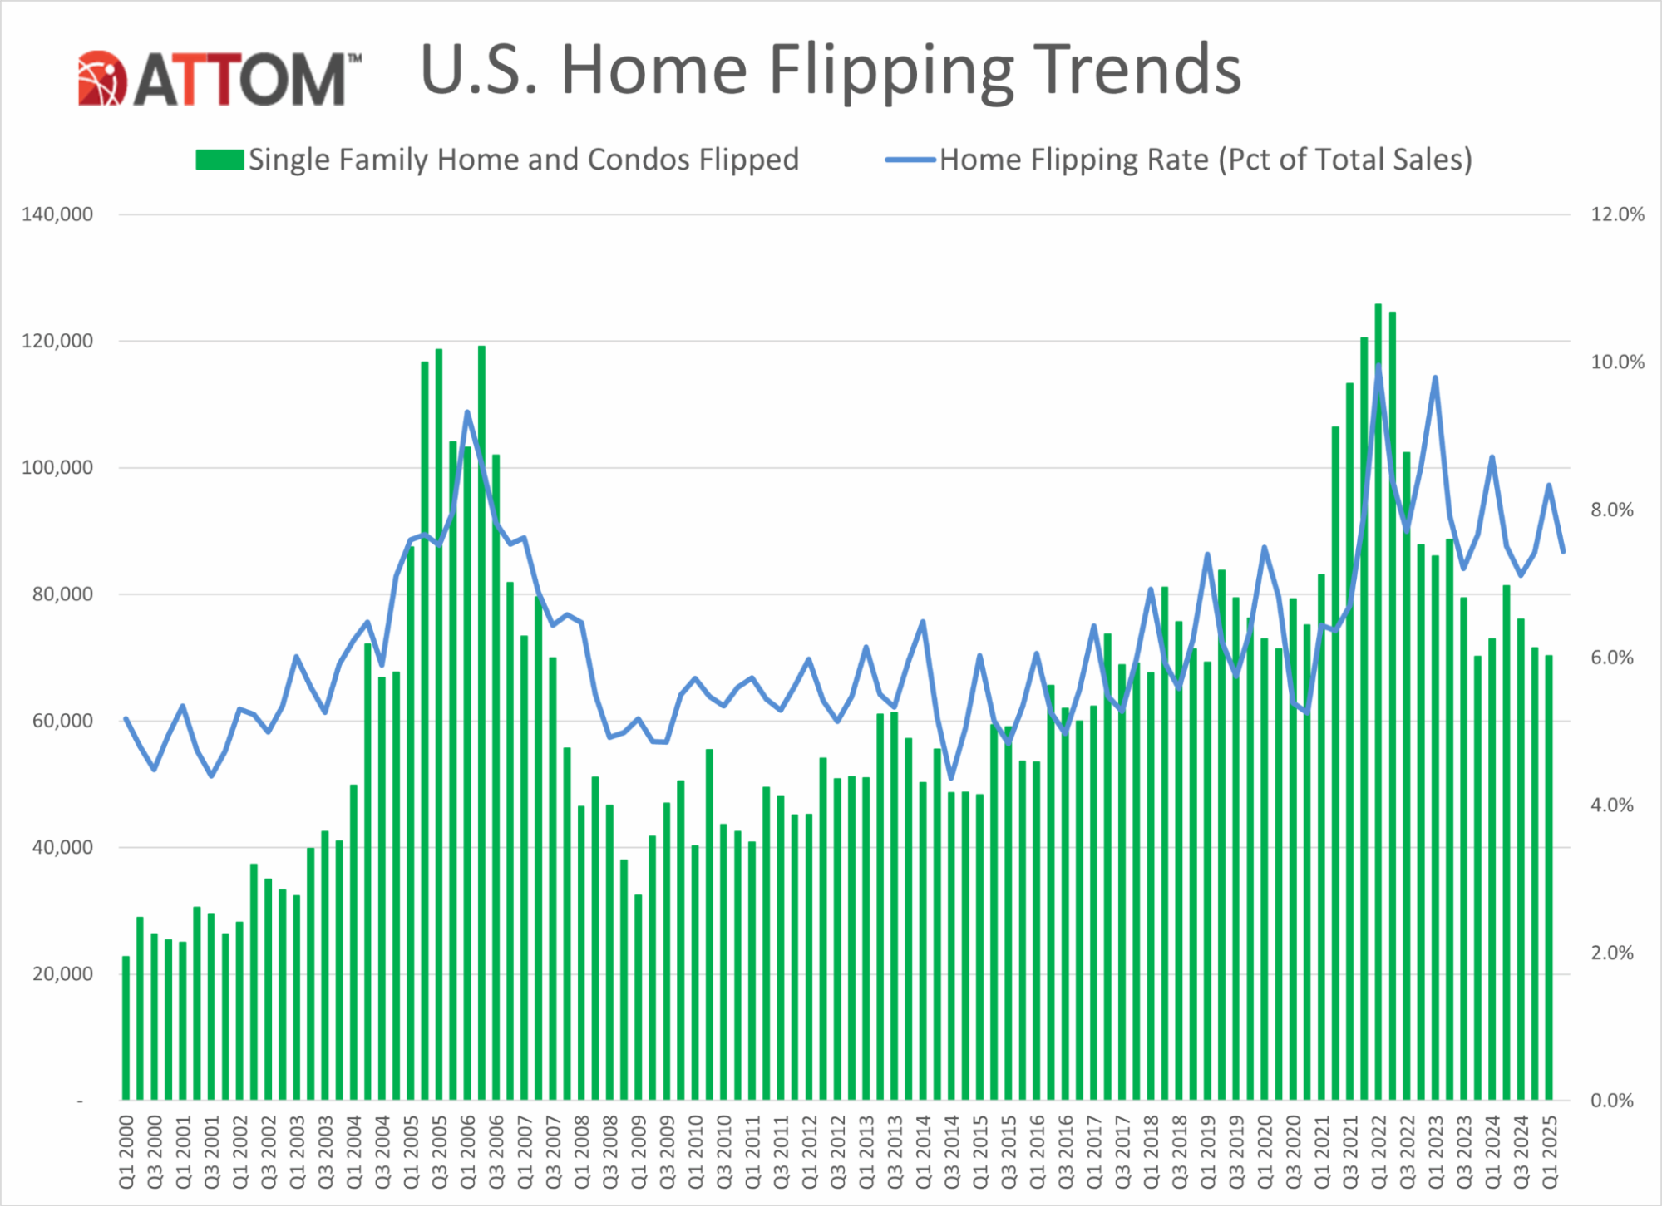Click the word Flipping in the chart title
(x=890, y=71)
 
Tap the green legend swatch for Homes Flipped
(x=219, y=160)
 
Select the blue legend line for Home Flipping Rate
(x=910, y=160)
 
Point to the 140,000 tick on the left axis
(x=57, y=214)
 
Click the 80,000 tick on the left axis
(x=63, y=594)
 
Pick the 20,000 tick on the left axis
(x=63, y=974)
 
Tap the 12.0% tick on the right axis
(x=1617, y=214)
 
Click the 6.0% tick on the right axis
(x=1612, y=658)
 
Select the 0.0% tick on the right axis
(x=1612, y=1101)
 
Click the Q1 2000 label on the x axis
(x=126, y=1152)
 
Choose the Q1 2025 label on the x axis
(x=1550, y=1152)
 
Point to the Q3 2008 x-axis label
(x=610, y=1152)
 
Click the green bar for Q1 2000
(x=126, y=1031)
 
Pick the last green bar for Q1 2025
(x=1550, y=881)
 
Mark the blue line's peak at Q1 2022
(x=1378, y=366)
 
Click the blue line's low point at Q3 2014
(x=951, y=778)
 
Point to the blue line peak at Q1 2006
(x=467, y=412)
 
